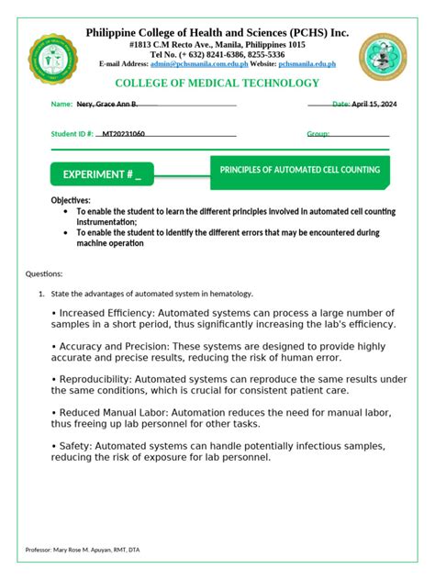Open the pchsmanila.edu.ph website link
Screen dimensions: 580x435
coord(307,64)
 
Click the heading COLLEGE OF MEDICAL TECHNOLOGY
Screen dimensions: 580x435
coord(217,84)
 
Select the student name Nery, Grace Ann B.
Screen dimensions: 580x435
coord(107,106)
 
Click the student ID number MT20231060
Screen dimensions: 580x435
coord(123,134)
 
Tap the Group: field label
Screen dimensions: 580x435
coord(318,134)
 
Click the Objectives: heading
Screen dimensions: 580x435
coord(71,200)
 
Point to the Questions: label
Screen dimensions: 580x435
coord(43,273)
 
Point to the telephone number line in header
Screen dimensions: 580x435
coord(217,54)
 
